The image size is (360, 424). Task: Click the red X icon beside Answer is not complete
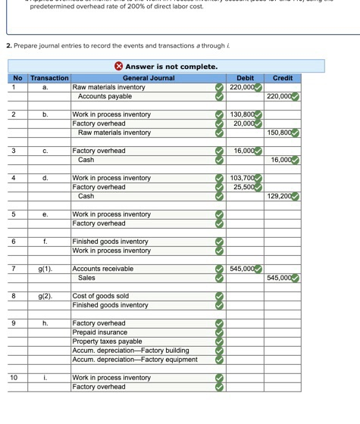(x=119, y=67)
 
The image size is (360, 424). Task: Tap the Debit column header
(x=245, y=78)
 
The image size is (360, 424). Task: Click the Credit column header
(x=282, y=78)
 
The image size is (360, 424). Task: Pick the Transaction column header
(x=49, y=78)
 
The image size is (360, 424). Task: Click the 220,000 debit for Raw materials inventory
(x=241, y=87)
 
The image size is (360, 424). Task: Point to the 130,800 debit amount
(x=241, y=114)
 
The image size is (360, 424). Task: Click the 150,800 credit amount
(x=279, y=132)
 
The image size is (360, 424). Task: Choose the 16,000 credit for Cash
(x=279, y=160)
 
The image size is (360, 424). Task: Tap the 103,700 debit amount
(x=241, y=178)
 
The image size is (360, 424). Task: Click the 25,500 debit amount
(x=243, y=187)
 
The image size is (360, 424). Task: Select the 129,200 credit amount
(x=279, y=196)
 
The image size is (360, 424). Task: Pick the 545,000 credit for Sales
(x=279, y=278)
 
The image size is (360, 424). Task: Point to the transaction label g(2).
(x=45, y=296)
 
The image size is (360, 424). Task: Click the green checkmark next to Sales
(x=220, y=278)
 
